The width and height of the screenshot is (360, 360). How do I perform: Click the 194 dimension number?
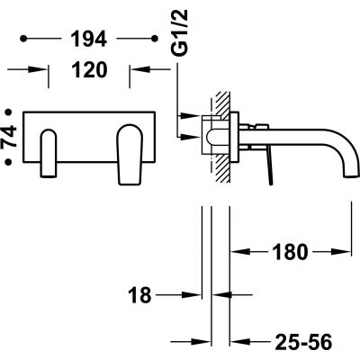[x=89, y=39]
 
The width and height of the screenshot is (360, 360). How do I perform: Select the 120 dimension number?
[x=89, y=69]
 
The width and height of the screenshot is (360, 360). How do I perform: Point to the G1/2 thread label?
[x=180, y=32]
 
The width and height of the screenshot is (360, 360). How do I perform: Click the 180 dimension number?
[x=290, y=252]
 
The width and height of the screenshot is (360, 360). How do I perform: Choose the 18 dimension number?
[x=139, y=295]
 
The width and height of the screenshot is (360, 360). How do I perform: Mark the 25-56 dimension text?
[x=303, y=342]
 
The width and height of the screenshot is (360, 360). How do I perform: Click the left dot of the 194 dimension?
[x=23, y=39]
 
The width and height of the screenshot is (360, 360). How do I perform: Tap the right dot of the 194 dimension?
[x=155, y=39]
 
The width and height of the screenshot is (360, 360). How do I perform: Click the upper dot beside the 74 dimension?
[x=9, y=112]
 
